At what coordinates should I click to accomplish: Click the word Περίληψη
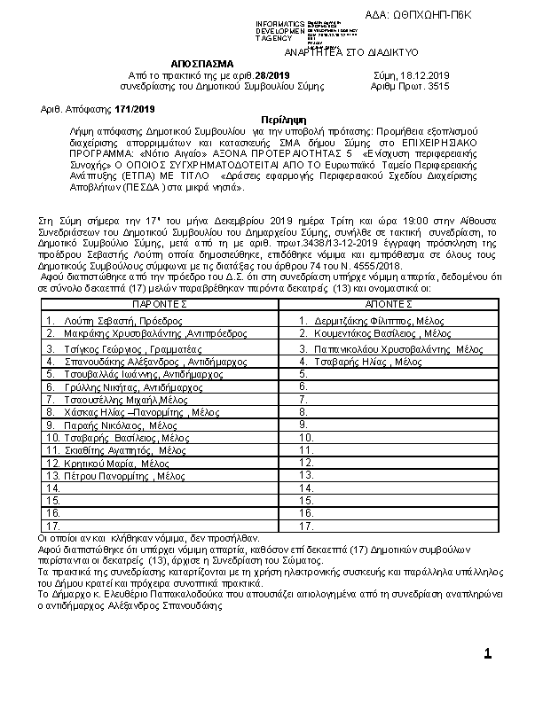(x=284, y=119)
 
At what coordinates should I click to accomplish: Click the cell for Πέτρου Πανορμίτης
(x=114, y=476)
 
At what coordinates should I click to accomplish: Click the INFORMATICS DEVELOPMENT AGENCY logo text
(x=279, y=31)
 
